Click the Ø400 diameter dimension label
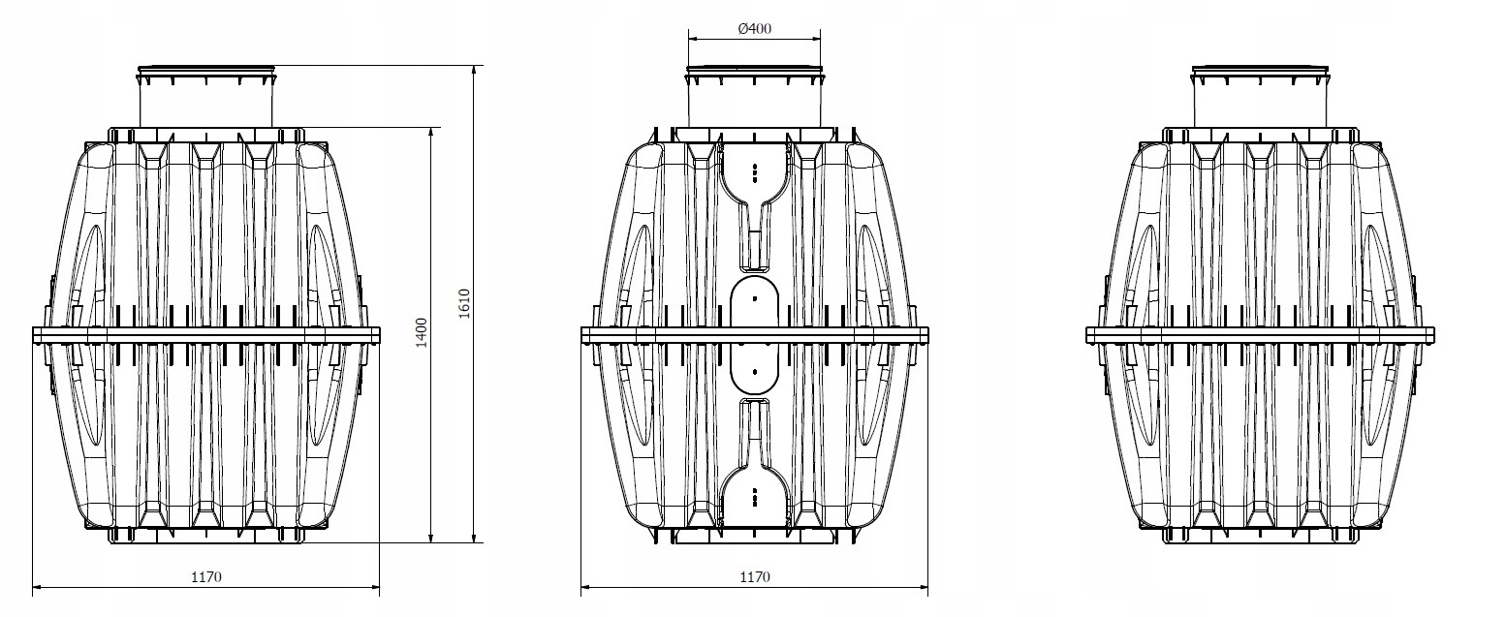[x=755, y=28]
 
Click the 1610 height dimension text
[x=464, y=303]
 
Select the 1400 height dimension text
[x=422, y=333]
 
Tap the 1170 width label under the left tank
[x=206, y=576]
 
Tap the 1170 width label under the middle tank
[x=755, y=576]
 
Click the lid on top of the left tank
[x=206, y=70]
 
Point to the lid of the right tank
[x=1261, y=70]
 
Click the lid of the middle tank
[x=755, y=70]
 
